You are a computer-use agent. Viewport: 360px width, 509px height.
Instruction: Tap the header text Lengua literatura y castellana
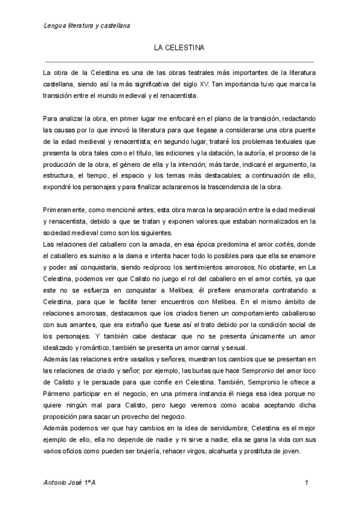(88, 26)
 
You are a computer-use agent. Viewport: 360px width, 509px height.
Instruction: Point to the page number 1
(307, 483)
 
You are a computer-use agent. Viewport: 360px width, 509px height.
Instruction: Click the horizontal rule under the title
(180, 61)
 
